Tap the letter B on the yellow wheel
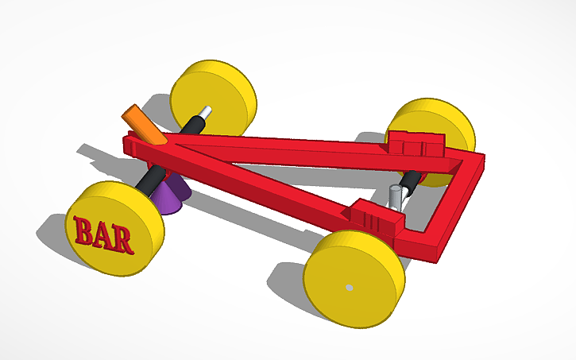tap(83, 230)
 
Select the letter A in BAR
tap(103, 234)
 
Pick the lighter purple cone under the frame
tap(167, 198)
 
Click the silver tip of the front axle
tap(205, 114)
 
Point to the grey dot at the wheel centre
tap(348, 286)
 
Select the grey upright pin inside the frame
tap(395, 195)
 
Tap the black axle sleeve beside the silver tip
tap(192, 126)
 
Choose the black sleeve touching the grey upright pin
tap(408, 184)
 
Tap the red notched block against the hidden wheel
tap(414, 144)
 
